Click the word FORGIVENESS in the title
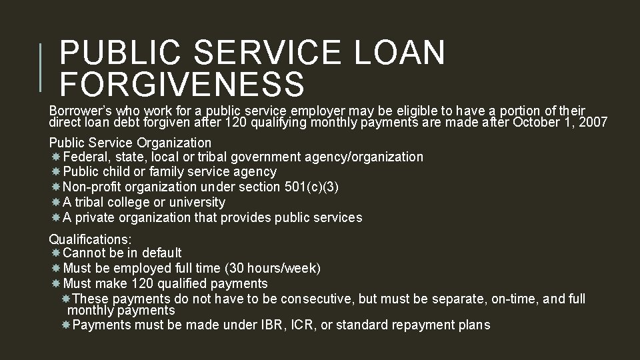[x=182, y=85]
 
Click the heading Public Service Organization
[x=130, y=143]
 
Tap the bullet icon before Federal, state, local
[x=56, y=157]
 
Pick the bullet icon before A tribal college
[x=56, y=202]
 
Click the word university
[x=197, y=202]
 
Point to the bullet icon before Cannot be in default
[x=56, y=253]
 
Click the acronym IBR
[x=276, y=325]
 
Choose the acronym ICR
[x=305, y=325]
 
